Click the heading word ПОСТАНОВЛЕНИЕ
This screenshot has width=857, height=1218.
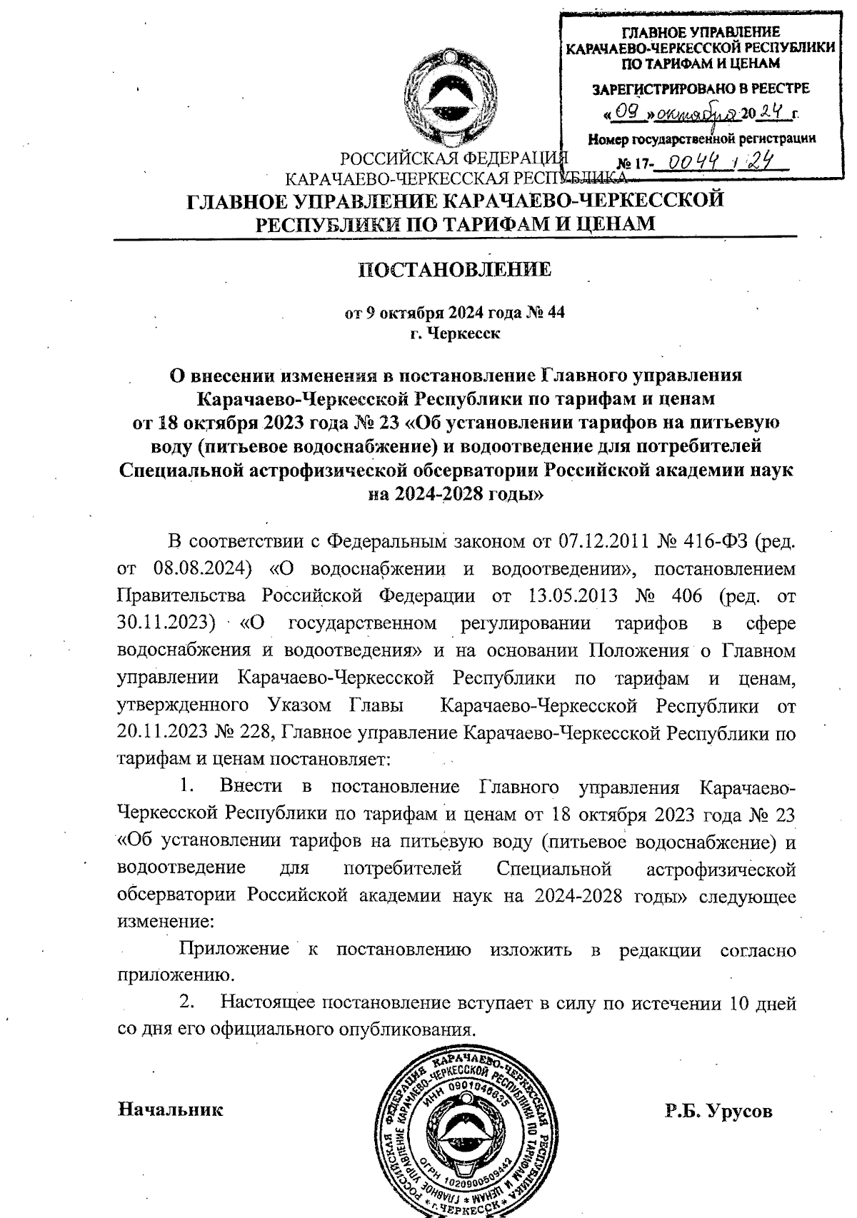coord(454,269)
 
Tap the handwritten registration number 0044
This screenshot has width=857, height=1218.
coord(685,163)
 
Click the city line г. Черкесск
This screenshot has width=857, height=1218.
coord(455,333)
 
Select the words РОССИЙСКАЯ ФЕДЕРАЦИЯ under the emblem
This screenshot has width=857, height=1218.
coord(453,158)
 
